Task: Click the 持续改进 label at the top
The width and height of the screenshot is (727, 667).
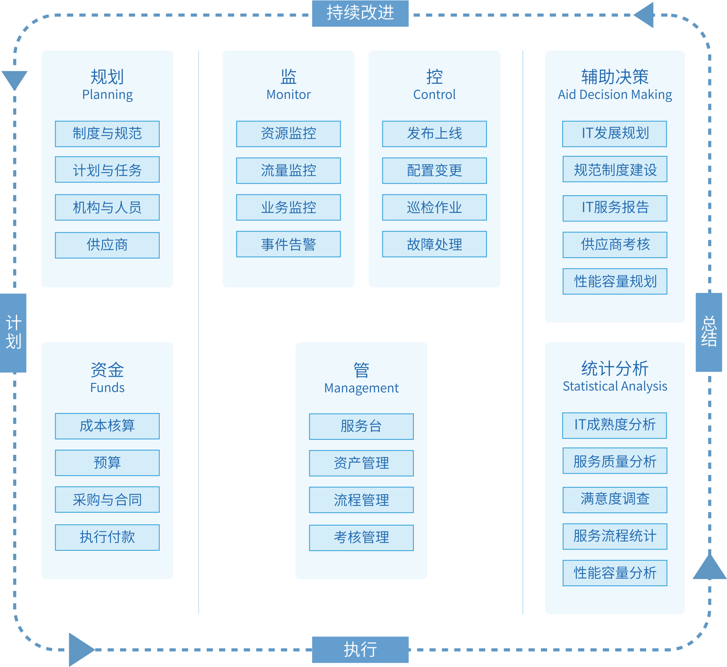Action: (x=360, y=14)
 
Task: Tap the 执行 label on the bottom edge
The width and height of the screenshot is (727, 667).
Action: (x=360, y=649)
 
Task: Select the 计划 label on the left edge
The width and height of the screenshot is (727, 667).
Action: (x=14, y=333)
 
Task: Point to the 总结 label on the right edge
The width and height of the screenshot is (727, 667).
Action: (x=709, y=332)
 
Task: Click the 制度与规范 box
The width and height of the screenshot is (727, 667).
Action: (x=107, y=134)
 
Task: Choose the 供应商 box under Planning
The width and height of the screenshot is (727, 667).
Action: (x=107, y=245)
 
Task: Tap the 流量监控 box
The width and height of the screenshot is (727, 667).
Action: (x=288, y=170)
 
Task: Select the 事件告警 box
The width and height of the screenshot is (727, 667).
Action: (x=288, y=244)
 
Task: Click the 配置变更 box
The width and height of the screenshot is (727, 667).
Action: (x=434, y=170)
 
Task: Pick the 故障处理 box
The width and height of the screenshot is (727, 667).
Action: (x=434, y=244)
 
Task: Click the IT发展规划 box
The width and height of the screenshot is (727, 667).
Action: (x=614, y=134)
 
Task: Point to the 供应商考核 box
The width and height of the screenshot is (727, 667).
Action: (x=615, y=245)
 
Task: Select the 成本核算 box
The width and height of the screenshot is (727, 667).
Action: (x=107, y=426)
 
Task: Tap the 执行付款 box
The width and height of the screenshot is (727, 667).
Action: (x=107, y=537)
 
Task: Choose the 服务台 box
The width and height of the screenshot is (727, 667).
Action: (x=361, y=426)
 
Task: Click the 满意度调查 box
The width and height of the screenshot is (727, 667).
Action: (x=615, y=500)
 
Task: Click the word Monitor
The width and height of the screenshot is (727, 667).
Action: (x=288, y=95)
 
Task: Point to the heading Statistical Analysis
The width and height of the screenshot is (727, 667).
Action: (x=615, y=386)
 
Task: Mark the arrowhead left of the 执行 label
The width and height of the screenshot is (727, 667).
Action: (x=80, y=649)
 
